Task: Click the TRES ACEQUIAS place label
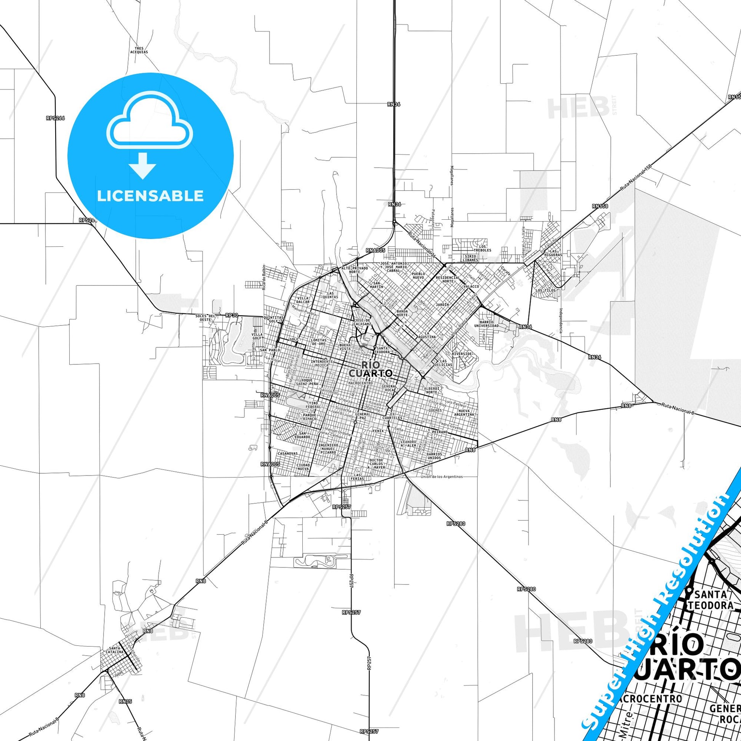pos(139,50)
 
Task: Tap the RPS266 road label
pos(55,118)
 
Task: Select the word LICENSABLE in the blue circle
pos(150,196)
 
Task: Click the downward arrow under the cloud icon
pos(143,166)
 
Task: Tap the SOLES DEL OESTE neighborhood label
pos(203,318)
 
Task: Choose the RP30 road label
pos(232,315)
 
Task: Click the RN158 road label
pos(600,206)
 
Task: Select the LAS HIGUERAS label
pos(553,253)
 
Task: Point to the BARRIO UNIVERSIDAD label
pos(486,324)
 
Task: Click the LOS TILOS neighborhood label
pos(545,290)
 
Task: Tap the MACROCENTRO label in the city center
pos(360,383)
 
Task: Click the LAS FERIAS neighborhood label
pos(357,477)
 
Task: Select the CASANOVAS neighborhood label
pos(287,454)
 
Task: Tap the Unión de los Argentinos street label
pos(441,477)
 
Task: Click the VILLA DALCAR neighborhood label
pos(303,300)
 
